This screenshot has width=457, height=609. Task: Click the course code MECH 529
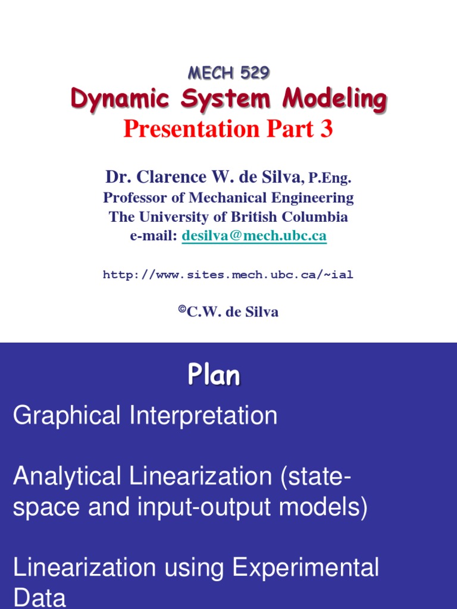(228, 73)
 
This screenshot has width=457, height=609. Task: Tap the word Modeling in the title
(334, 99)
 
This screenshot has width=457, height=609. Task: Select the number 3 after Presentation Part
(326, 128)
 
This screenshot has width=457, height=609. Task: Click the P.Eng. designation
(330, 178)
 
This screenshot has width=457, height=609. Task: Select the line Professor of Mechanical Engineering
(228, 197)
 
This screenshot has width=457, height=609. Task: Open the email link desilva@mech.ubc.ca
(254, 236)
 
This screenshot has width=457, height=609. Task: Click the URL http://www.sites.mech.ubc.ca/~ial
(228, 275)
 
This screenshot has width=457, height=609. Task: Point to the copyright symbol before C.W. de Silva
(182, 310)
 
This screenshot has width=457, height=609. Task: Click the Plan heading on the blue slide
(214, 375)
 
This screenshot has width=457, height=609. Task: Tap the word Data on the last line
(39, 597)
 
